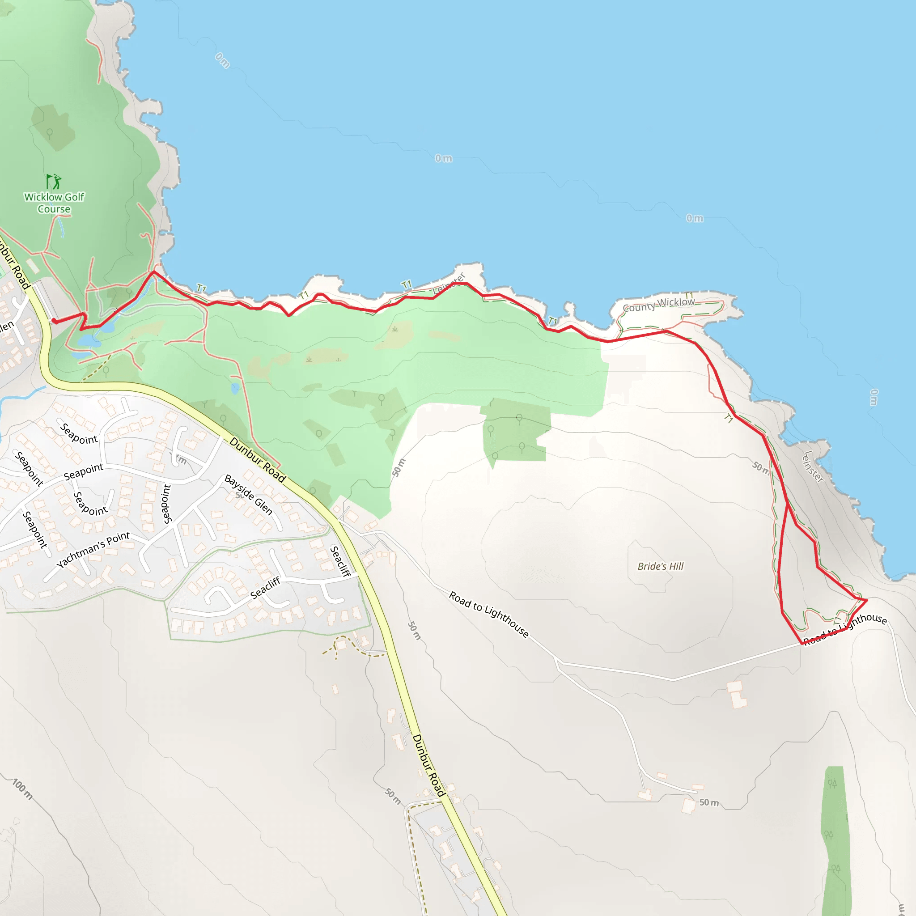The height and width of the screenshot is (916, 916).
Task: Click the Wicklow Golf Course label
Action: [x=54, y=203]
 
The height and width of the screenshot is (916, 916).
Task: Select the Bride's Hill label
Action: [x=661, y=566]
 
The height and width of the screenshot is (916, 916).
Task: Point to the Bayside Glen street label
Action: [x=248, y=495]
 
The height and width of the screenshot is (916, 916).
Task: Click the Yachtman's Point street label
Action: [x=93, y=550]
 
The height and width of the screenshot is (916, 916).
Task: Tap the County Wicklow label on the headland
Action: [x=658, y=305]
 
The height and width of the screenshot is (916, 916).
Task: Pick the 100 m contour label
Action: [x=22, y=789]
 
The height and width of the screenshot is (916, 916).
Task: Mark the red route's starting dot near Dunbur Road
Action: [x=55, y=322]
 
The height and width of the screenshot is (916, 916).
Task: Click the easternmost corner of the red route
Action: [x=867, y=600]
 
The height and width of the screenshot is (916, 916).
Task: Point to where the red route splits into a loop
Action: [x=788, y=504]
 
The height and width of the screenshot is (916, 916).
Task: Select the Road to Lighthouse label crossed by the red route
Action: [x=845, y=629]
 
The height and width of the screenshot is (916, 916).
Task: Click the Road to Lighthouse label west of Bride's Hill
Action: [x=488, y=615]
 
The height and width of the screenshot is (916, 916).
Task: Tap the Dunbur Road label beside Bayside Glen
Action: [x=258, y=460]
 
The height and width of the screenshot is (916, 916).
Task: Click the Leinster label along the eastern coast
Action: [x=813, y=467]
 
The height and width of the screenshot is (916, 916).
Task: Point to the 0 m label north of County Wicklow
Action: [x=695, y=218]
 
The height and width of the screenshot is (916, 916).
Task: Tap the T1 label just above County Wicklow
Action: [x=689, y=296]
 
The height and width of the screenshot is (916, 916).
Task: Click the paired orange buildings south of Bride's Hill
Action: [x=736, y=694]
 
